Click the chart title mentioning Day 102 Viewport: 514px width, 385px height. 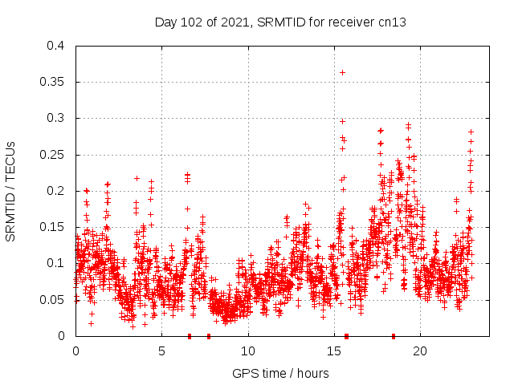coord(280,22)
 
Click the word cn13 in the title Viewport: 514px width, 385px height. coord(392,22)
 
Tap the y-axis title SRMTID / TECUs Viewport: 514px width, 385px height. coord(10,191)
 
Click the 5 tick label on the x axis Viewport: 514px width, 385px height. coord(161,351)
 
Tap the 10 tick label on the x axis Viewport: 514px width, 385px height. coord(247,351)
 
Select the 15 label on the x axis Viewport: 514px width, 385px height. coord(333,351)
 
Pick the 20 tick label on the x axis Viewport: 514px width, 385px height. coord(419,351)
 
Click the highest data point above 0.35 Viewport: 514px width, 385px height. coord(342,72)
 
